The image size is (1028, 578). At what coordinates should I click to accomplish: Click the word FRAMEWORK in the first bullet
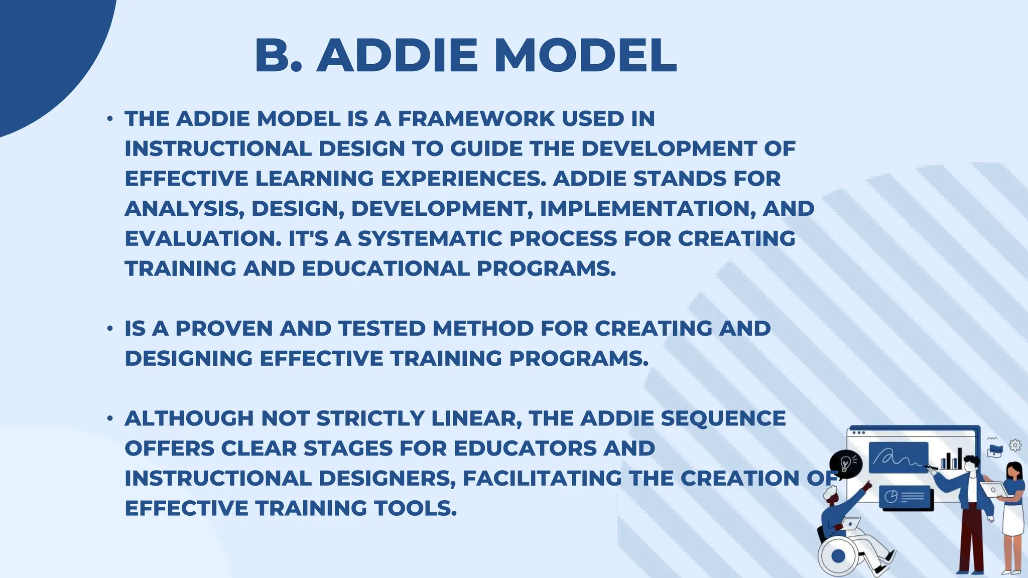coord(476,119)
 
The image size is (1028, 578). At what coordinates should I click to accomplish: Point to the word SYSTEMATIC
coord(430,239)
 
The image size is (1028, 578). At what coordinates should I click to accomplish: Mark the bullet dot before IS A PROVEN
coord(110,329)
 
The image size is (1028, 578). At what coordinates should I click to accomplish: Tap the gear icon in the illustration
coord(1015,445)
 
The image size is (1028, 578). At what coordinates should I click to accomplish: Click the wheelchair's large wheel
coord(838,556)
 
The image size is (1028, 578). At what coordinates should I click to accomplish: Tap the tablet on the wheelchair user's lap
coord(850,524)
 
